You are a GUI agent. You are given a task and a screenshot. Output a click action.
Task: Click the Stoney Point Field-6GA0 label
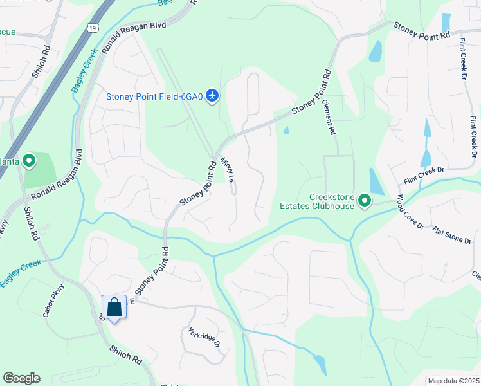(x=154, y=96)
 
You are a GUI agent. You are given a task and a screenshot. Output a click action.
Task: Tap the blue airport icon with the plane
(x=213, y=96)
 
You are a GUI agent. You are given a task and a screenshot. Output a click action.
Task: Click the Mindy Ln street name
(x=228, y=170)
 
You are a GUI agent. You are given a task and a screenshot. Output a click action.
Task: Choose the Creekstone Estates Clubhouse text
(x=331, y=201)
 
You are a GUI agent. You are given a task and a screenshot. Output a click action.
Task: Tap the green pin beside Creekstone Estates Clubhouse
(x=365, y=201)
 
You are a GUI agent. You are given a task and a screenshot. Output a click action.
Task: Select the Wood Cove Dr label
(x=409, y=212)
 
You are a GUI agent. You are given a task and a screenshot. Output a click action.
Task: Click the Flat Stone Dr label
(x=452, y=235)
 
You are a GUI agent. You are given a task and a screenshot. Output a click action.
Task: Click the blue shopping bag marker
(x=114, y=308)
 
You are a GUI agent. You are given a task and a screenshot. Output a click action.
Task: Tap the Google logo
(x=21, y=378)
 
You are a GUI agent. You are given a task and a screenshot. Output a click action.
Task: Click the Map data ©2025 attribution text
(x=453, y=381)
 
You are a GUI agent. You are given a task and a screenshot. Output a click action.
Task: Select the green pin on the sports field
(x=28, y=161)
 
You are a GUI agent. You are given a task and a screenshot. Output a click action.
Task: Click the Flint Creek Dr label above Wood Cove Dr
(x=424, y=170)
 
